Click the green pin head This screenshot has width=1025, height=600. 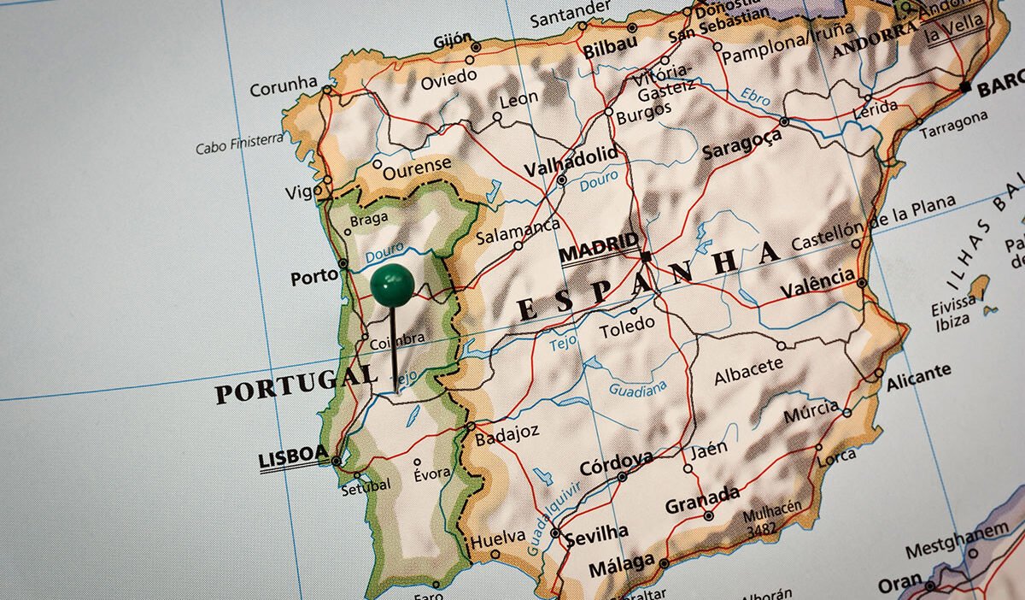(392, 285)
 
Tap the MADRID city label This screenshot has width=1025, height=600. (599, 248)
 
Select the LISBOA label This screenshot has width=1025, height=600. (293, 456)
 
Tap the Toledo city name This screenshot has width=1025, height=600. (627, 326)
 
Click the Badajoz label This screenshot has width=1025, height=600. (507, 433)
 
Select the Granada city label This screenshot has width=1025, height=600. (702, 499)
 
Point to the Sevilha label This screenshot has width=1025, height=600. (596, 534)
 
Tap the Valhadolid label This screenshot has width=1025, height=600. (571, 160)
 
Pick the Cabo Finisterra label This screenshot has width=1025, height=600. (239, 143)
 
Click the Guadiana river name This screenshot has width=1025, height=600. (637, 390)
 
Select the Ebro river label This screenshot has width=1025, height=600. (755, 96)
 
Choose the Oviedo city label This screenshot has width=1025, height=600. (448, 79)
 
